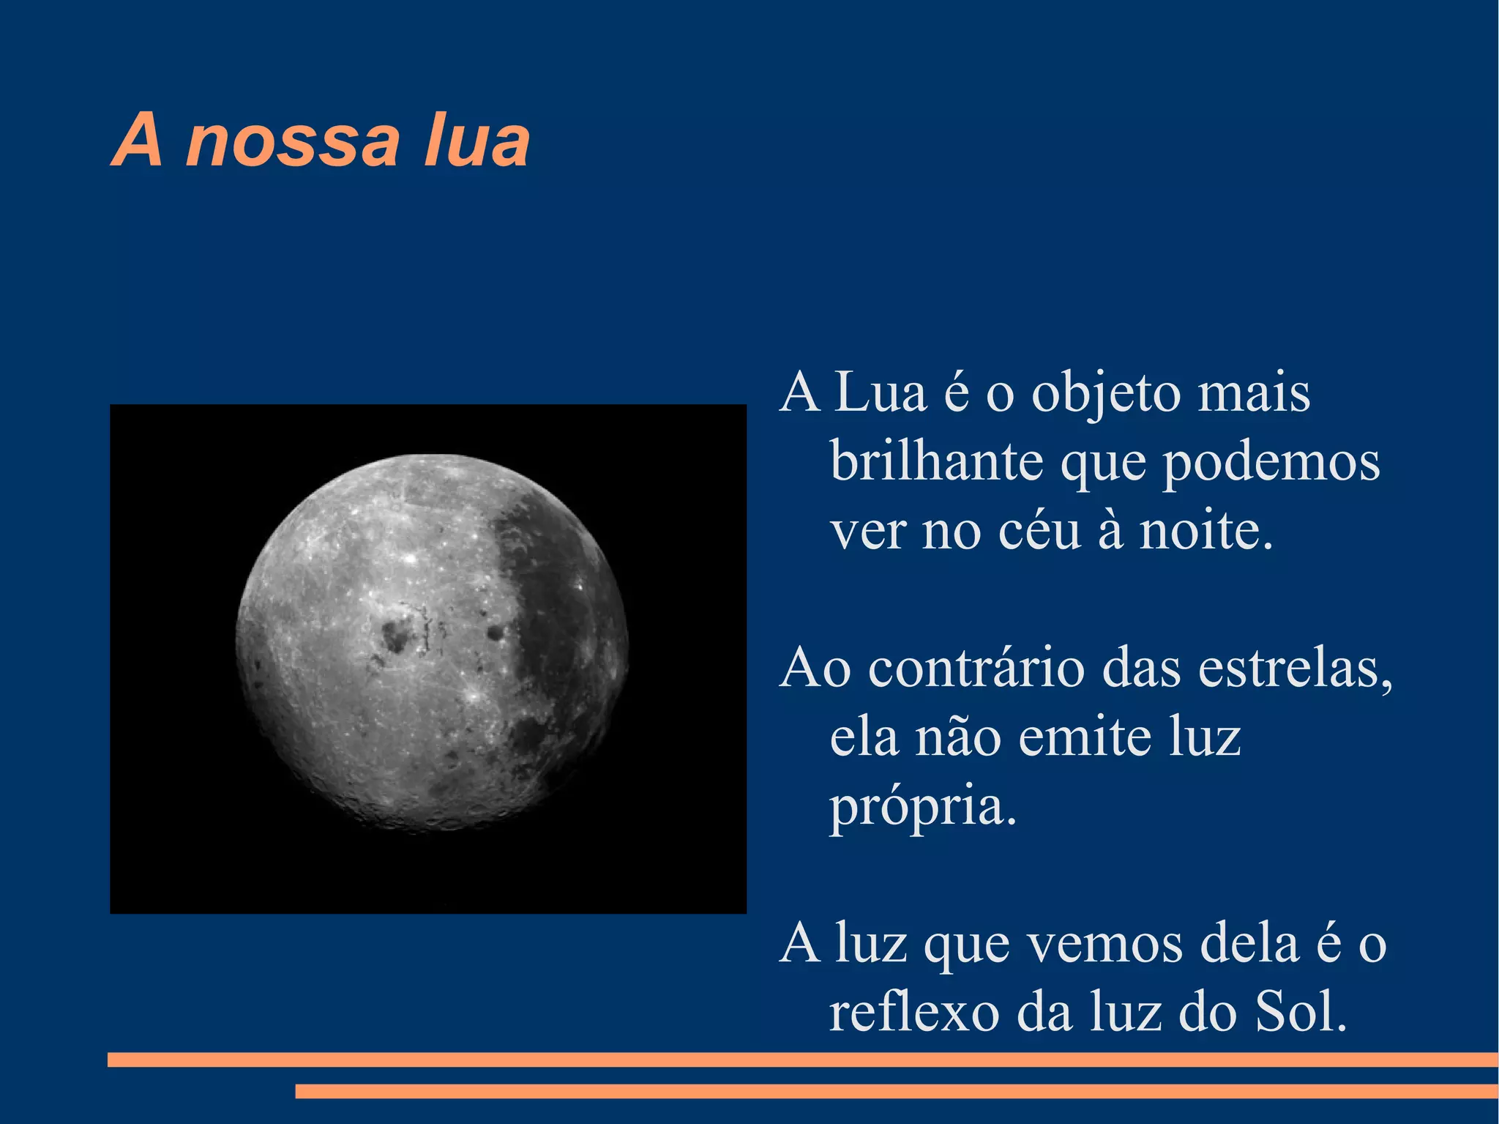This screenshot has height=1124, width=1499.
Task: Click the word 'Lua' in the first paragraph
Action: click(x=881, y=393)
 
